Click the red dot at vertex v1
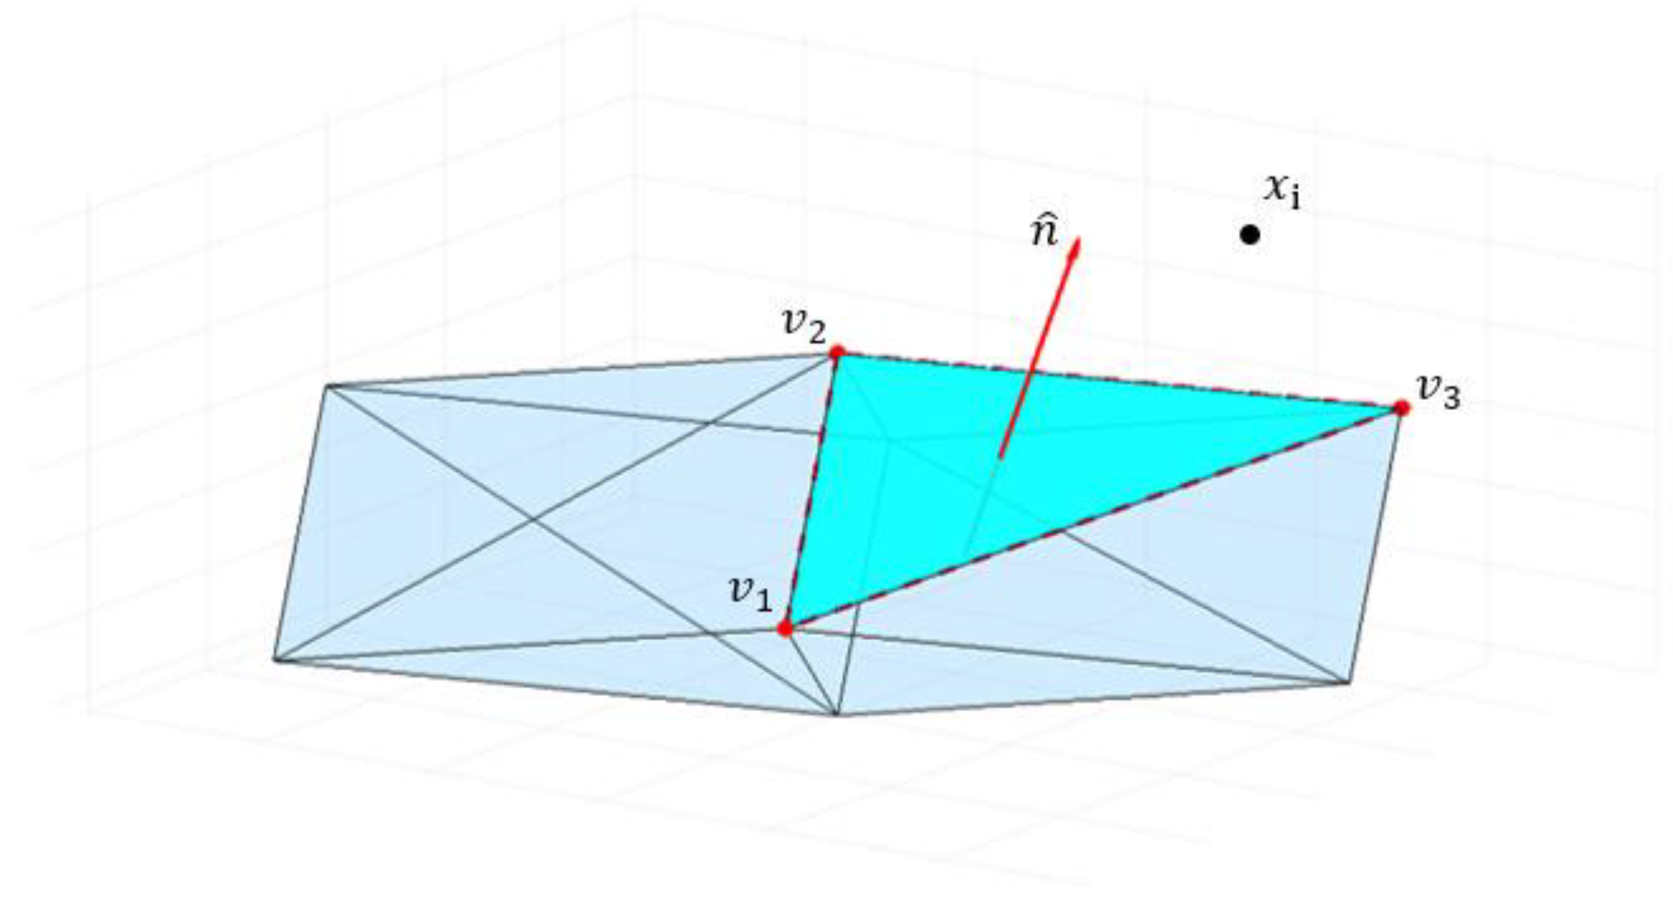(785, 628)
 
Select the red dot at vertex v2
(837, 353)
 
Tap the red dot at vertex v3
(1402, 408)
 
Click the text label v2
(804, 326)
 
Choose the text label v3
(1438, 392)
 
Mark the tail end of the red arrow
(1000, 458)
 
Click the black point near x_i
(1250, 235)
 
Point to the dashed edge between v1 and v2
(812, 490)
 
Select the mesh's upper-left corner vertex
(326, 387)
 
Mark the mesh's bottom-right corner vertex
(1349, 683)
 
